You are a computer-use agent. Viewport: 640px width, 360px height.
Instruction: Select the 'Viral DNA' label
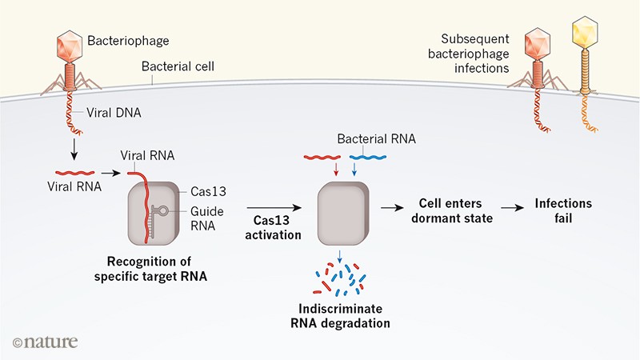(116, 113)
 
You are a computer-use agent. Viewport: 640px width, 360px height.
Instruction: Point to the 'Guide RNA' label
(210, 218)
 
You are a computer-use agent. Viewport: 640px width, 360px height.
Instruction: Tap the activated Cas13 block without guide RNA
(342, 212)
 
